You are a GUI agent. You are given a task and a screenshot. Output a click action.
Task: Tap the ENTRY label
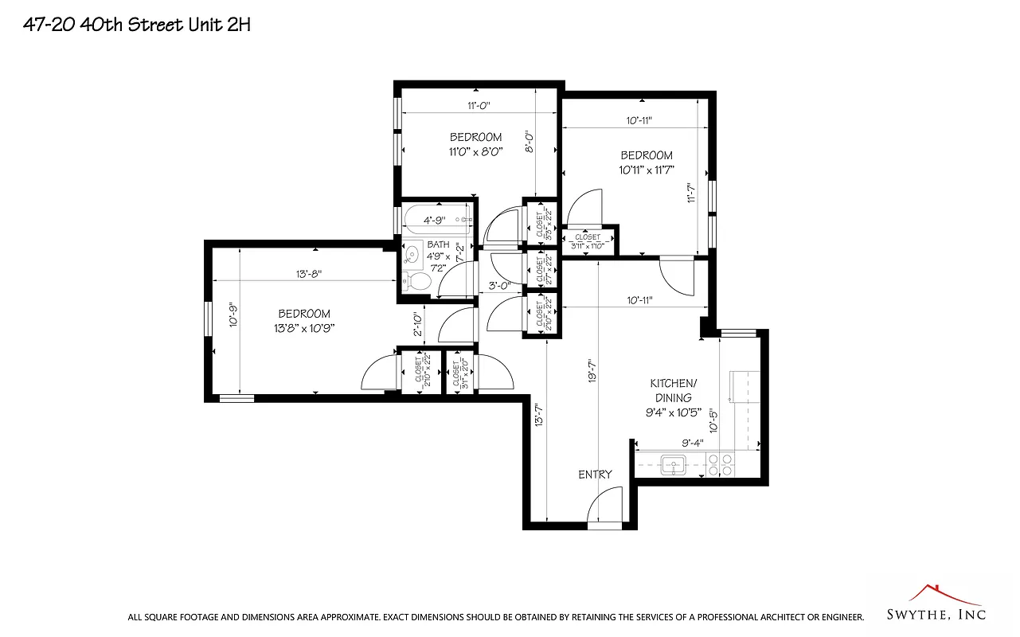point(595,475)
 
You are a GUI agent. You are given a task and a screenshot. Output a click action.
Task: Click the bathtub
point(435,220)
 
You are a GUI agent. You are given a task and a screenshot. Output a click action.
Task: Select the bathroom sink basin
point(411,255)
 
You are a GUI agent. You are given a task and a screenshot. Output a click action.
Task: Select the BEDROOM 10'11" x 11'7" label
point(647,162)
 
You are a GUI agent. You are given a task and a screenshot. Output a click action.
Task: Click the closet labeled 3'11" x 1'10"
point(588,241)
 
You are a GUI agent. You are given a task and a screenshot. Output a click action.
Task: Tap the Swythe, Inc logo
point(936,606)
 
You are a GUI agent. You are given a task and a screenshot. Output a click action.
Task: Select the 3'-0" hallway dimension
point(499,285)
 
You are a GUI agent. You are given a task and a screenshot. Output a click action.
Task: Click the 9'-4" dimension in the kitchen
point(692,443)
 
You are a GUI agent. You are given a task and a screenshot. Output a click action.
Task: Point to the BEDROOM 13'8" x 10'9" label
point(304,320)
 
